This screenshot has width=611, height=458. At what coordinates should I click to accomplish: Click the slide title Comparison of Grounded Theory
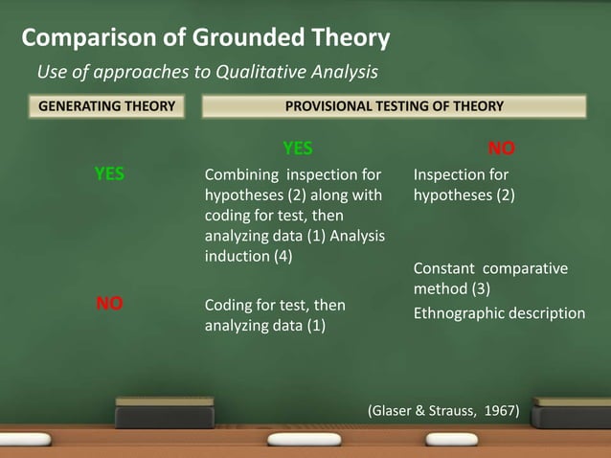(206, 38)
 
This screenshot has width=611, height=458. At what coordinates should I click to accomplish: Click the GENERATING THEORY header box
(106, 105)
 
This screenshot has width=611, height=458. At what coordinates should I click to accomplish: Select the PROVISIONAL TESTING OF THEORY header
(394, 105)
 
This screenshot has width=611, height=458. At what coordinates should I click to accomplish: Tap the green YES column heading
(297, 149)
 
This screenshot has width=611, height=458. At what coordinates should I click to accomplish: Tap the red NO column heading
(501, 149)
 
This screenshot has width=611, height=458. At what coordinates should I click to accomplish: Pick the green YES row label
(108, 174)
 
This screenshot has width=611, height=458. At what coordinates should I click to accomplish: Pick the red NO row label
(108, 304)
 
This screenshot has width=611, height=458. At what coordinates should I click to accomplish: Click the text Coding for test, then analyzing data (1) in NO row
(275, 315)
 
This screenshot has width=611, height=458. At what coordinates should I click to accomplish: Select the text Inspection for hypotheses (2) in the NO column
(464, 185)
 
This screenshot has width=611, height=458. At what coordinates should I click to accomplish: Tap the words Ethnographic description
(499, 313)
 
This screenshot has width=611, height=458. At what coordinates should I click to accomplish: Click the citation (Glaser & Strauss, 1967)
(442, 411)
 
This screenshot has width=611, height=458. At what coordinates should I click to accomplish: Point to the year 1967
(499, 411)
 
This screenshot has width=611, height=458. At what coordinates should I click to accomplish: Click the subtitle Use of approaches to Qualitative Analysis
(207, 71)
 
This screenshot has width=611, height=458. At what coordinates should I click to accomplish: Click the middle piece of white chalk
(304, 439)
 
